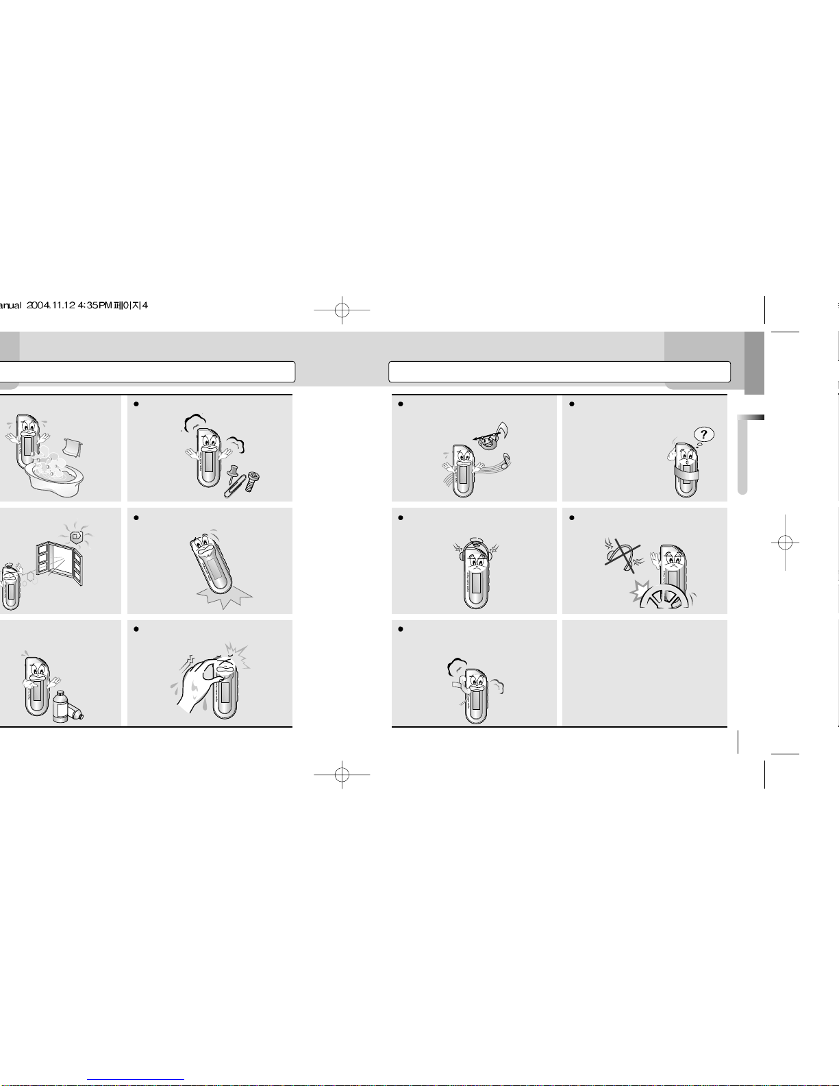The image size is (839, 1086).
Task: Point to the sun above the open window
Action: tap(77, 534)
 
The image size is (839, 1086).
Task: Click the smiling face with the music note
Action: tap(488, 442)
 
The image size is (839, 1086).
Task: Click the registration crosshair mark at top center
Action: tap(342, 310)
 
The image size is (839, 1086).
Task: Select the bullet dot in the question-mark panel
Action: tap(572, 404)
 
